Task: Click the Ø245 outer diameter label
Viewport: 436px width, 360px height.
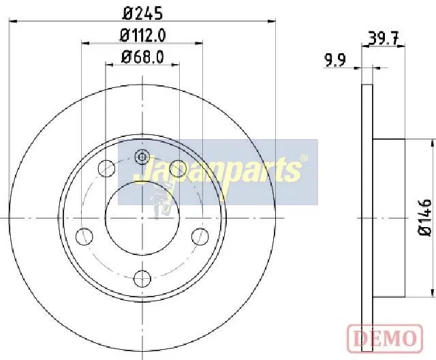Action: click(143, 14)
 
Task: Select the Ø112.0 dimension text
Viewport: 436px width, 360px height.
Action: click(142, 35)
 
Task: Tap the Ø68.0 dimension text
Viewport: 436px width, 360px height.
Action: click(142, 57)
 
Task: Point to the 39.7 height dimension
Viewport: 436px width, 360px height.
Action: click(384, 38)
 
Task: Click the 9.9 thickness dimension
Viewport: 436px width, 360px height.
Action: click(335, 61)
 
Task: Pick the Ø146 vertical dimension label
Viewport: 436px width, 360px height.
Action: click(425, 217)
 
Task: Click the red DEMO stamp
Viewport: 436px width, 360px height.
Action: click(385, 338)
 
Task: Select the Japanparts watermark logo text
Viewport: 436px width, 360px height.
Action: click(217, 170)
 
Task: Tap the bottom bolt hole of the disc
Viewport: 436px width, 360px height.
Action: click(142, 278)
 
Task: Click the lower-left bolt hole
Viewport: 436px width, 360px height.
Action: click(84, 236)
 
